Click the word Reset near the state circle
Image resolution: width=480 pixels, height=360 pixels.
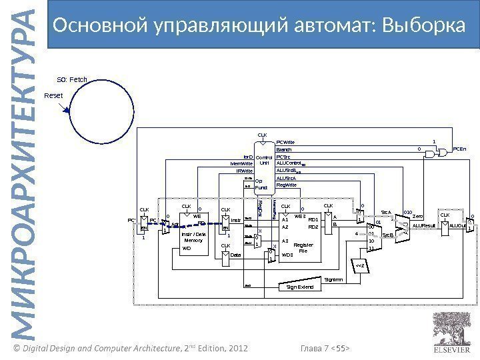tap(53, 96)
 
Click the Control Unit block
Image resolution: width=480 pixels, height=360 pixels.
tap(265, 160)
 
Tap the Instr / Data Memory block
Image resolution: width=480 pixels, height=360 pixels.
tap(193, 236)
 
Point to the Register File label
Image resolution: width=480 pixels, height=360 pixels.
tap(303, 248)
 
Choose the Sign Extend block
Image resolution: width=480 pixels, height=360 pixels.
tap(299, 287)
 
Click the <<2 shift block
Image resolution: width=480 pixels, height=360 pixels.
tap(360, 267)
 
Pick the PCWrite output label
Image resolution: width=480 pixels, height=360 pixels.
tap(285, 142)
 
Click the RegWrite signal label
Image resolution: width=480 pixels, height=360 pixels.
tap(287, 185)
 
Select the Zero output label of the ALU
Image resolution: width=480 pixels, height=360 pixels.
tap(418, 217)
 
